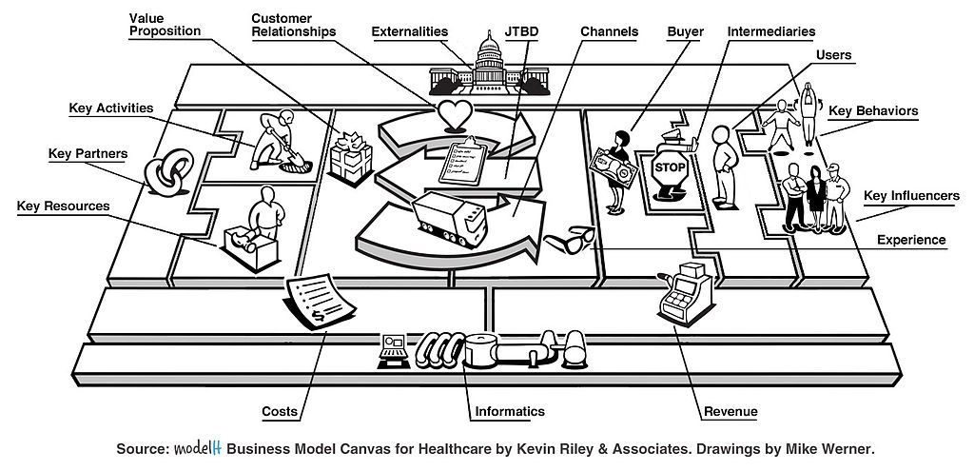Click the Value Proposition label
pyautogui.click(x=165, y=24)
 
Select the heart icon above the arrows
pyautogui.click(x=454, y=113)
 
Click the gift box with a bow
pyautogui.click(x=348, y=155)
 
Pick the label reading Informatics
pyautogui.click(x=510, y=411)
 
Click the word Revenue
pyautogui.click(x=730, y=411)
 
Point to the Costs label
pyautogui.click(x=280, y=411)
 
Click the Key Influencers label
pyautogui.click(x=911, y=196)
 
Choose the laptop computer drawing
pyautogui.click(x=393, y=349)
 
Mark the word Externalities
pyautogui.click(x=410, y=31)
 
